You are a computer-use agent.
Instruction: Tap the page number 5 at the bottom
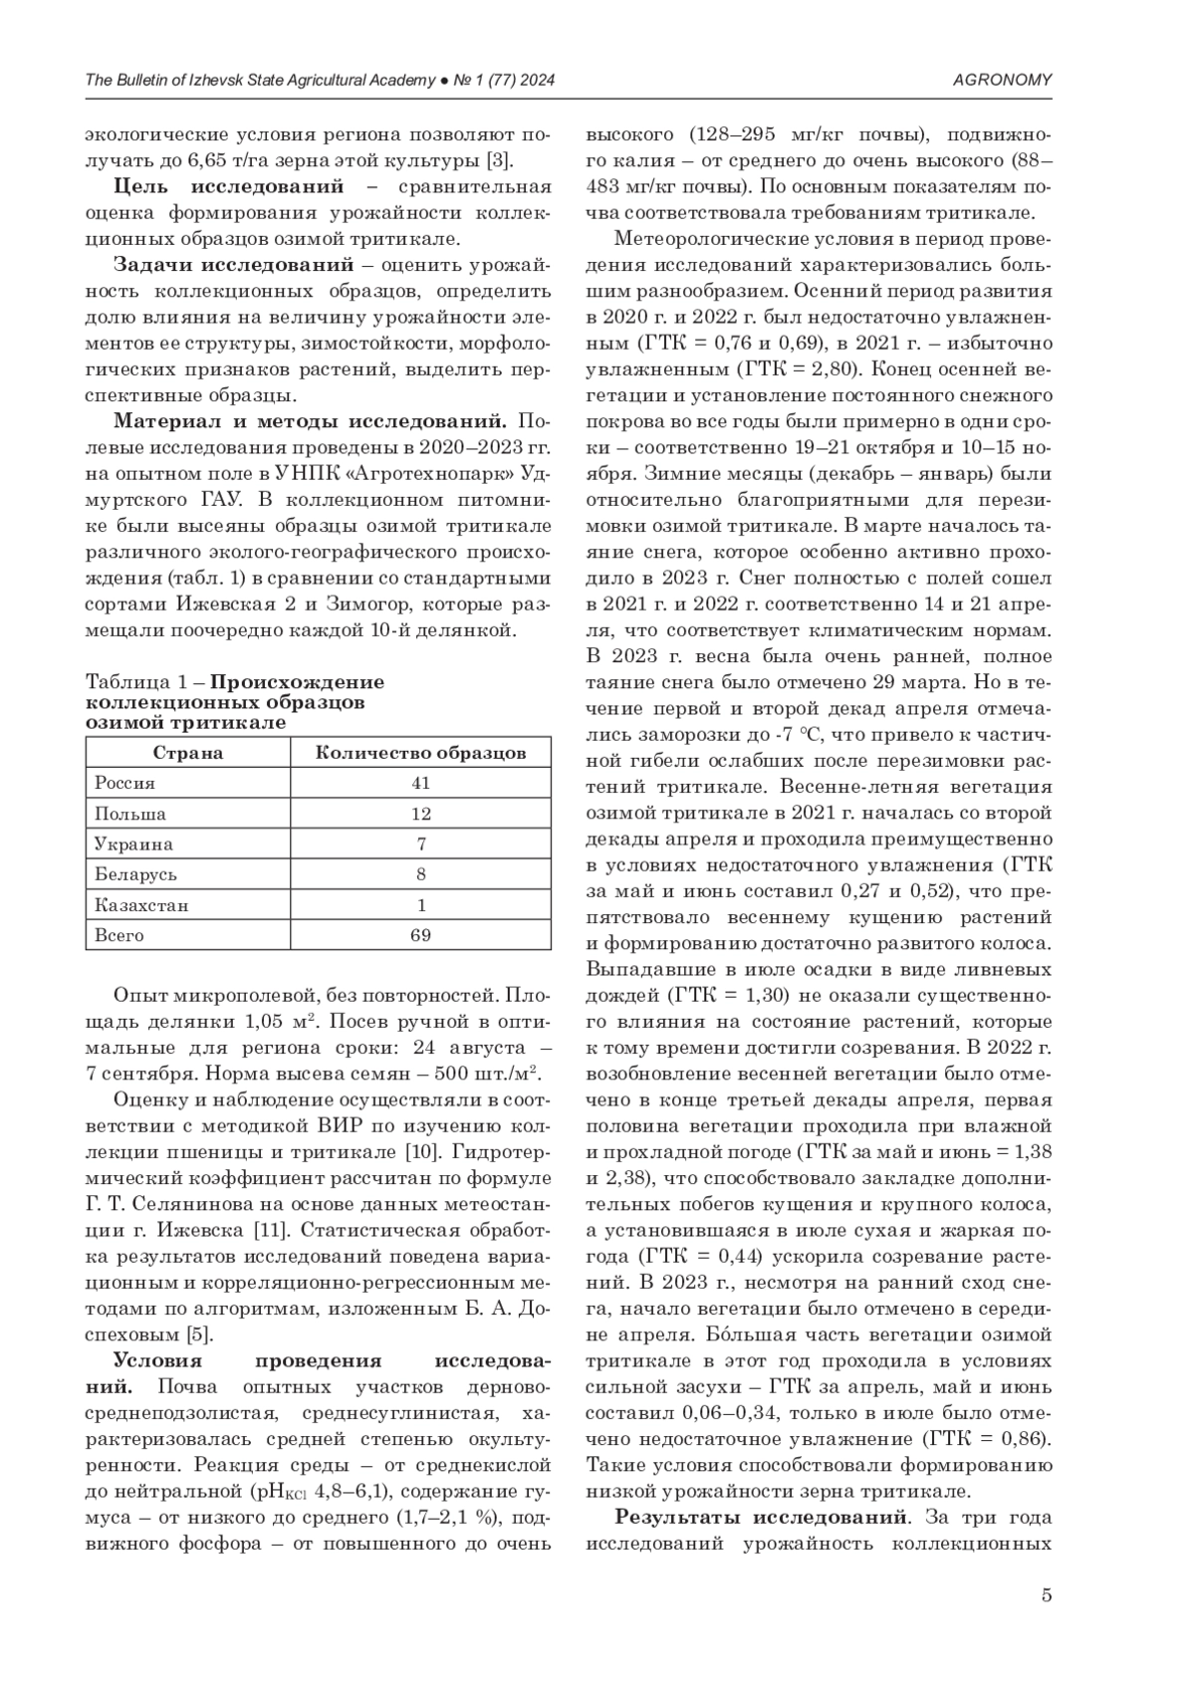[1046, 1595]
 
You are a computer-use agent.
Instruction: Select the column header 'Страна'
[187, 753]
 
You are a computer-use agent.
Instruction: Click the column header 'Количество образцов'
[420, 753]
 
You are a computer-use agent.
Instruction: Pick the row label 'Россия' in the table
[124, 783]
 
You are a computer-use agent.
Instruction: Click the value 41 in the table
[420, 783]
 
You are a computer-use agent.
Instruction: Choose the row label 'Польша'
[130, 814]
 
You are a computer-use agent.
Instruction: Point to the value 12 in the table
[420, 814]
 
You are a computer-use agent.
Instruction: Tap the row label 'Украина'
[133, 845]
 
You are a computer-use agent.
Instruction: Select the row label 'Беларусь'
[135, 874]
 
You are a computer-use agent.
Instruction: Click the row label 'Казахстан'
[141, 905]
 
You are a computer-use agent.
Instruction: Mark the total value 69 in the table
[420, 935]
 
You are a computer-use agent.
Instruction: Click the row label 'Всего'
[119, 935]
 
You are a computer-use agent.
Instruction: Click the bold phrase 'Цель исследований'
[229, 187]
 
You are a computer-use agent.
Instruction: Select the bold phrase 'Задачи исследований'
[234, 265]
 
